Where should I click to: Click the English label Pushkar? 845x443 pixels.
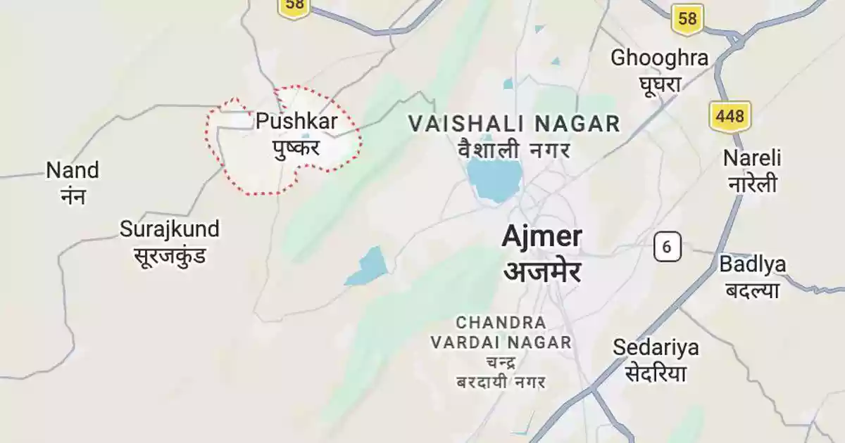click(x=296, y=122)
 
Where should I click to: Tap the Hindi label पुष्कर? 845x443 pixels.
click(x=296, y=148)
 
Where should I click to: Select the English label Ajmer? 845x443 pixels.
click(x=542, y=237)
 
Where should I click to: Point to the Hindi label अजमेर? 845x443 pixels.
click(x=542, y=270)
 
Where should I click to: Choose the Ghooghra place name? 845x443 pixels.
click(x=659, y=58)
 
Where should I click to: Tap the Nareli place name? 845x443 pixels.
click(x=752, y=158)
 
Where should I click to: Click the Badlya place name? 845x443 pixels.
click(x=753, y=265)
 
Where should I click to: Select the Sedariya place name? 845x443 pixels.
click(x=656, y=347)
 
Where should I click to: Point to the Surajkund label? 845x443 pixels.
click(x=170, y=229)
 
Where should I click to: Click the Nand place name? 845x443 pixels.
click(x=73, y=171)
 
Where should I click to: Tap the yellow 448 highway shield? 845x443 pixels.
click(x=730, y=115)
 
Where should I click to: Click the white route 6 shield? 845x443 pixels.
click(x=667, y=248)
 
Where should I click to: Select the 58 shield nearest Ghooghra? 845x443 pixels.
click(x=687, y=19)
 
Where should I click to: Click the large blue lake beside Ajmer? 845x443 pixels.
click(x=495, y=179)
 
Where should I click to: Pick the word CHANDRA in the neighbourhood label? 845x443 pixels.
click(x=501, y=323)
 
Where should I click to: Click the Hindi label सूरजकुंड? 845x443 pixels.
click(x=170, y=255)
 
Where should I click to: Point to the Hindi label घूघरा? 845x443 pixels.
click(x=659, y=84)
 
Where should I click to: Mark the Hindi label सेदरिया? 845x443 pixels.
click(x=656, y=373)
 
